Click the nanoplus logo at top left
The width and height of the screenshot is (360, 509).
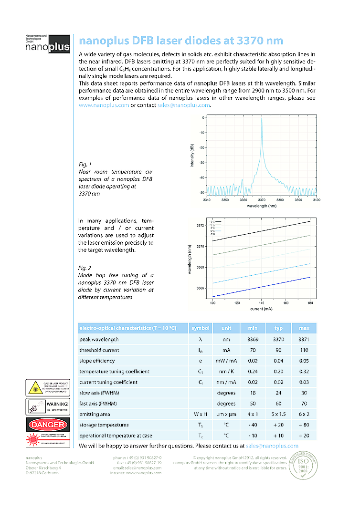[47, 44]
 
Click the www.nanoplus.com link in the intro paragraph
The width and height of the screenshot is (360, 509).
[104, 105]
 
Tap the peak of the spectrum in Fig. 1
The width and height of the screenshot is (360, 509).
[262, 119]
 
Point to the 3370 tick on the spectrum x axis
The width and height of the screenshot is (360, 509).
[262, 200]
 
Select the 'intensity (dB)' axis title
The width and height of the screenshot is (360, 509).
[192, 156]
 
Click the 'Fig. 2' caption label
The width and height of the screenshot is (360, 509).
[85, 268]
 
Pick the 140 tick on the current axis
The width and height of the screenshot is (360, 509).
[261, 302]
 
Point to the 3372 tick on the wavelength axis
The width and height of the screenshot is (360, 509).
[200, 225]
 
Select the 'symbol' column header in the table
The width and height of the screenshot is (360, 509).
[201, 328]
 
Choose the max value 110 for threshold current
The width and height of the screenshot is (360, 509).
[304, 350]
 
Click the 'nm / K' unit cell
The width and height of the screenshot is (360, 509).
[226, 372]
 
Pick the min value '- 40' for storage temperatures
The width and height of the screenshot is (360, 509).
[253, 425]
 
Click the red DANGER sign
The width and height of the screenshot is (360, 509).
[46, 424]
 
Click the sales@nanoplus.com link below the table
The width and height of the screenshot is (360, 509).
[272, 446]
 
